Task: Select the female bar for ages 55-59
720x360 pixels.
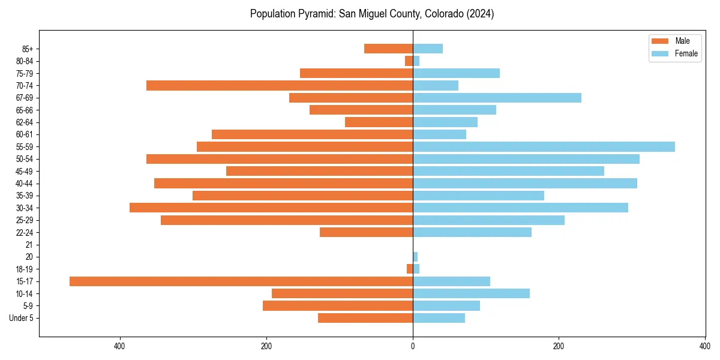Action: (544, 147)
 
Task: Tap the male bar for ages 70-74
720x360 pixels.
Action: (280, 86)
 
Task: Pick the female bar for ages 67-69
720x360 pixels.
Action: (497, 98)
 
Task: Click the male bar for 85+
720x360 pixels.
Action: (388, 49)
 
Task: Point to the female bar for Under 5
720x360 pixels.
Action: (439, 318)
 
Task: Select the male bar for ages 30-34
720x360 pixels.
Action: (271, 208)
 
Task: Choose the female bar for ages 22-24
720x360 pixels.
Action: (472, 232)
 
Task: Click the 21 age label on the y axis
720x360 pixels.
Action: (29, 245)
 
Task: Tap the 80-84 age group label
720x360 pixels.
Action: (25, 61)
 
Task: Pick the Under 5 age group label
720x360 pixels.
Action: (22, 318)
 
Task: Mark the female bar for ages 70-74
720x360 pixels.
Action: (436, 86)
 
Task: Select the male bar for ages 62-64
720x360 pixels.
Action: (379, 122)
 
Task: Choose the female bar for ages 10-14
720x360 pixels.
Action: (471, 293)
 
